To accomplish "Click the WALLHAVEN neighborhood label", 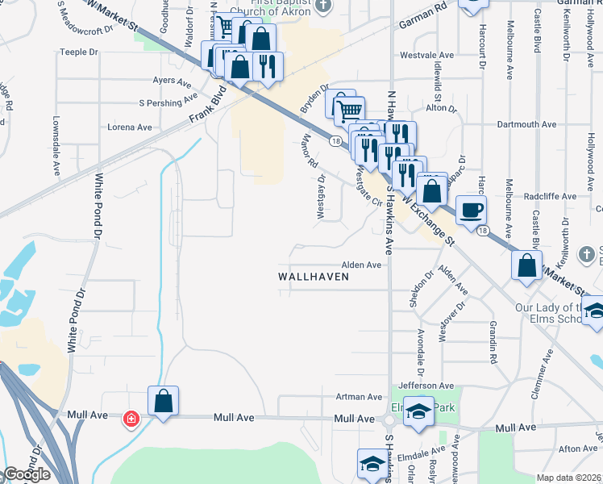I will pos(314,276).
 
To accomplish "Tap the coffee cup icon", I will pos(472,211).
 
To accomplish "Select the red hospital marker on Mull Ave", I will pos(131,419).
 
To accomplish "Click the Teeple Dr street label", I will pos(78,52).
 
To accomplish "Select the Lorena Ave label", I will pos(130,127).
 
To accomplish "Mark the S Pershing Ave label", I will pos(168,102).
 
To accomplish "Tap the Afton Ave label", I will pos(577,449).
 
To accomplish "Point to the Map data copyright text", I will pos(569,478).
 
